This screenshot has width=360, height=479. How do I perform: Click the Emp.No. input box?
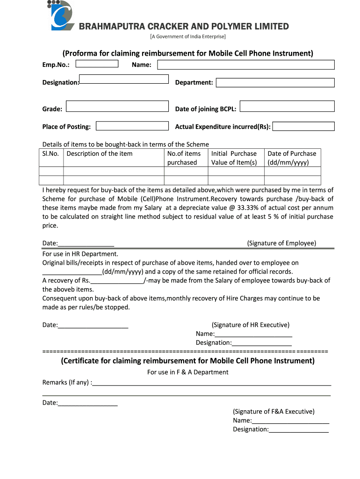(97, 64)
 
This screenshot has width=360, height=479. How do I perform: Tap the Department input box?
(275, 83)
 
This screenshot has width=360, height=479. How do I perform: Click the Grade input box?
(117, 107)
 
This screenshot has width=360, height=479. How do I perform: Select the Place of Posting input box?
(132, 126)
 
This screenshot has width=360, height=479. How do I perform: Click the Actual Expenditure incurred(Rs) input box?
(303, 126)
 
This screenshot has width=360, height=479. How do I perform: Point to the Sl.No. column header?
(50, 154)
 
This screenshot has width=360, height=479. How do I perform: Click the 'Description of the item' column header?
(100, 154)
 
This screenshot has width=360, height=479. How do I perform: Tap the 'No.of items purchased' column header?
(184, 158)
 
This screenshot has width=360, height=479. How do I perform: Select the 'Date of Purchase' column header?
(292, 158)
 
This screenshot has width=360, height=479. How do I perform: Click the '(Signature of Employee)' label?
(281, 243)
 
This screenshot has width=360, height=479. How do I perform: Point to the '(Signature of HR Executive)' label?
(251, 325)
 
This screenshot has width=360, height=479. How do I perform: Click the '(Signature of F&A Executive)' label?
(274, 412)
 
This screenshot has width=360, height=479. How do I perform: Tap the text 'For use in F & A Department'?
(188, 372)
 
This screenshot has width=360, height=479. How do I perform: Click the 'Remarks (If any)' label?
(67, 383)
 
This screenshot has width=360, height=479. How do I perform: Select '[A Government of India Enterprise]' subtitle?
(187, 36)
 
